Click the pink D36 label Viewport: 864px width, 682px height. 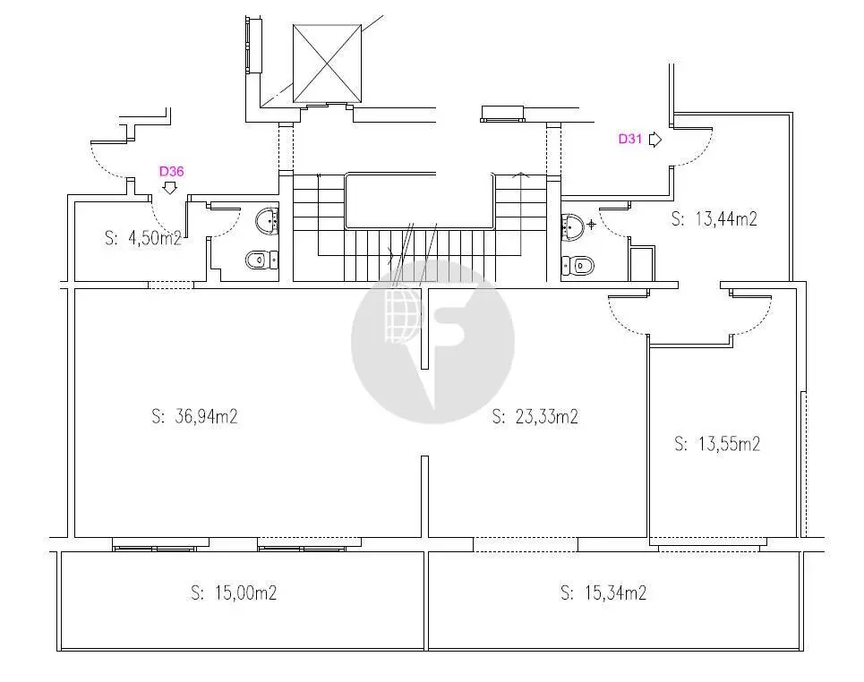click(x=171, y=171)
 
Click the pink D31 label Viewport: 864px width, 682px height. click(x=629, y=139)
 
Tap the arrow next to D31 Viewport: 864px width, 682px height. click(x=655, y=140)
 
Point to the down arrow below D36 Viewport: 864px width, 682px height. click(x=170, y=188)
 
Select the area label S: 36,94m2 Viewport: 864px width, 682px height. click(x=194, y=416)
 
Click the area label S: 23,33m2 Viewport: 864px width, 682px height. click(x=535, y=416)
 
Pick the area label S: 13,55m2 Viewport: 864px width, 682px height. click(x=717, y=443)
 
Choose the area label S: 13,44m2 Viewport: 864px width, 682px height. click(x=714, y=218)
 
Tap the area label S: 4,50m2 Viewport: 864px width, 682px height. click(x=143, y=238)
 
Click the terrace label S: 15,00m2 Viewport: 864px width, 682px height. click(x=234, y=592)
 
